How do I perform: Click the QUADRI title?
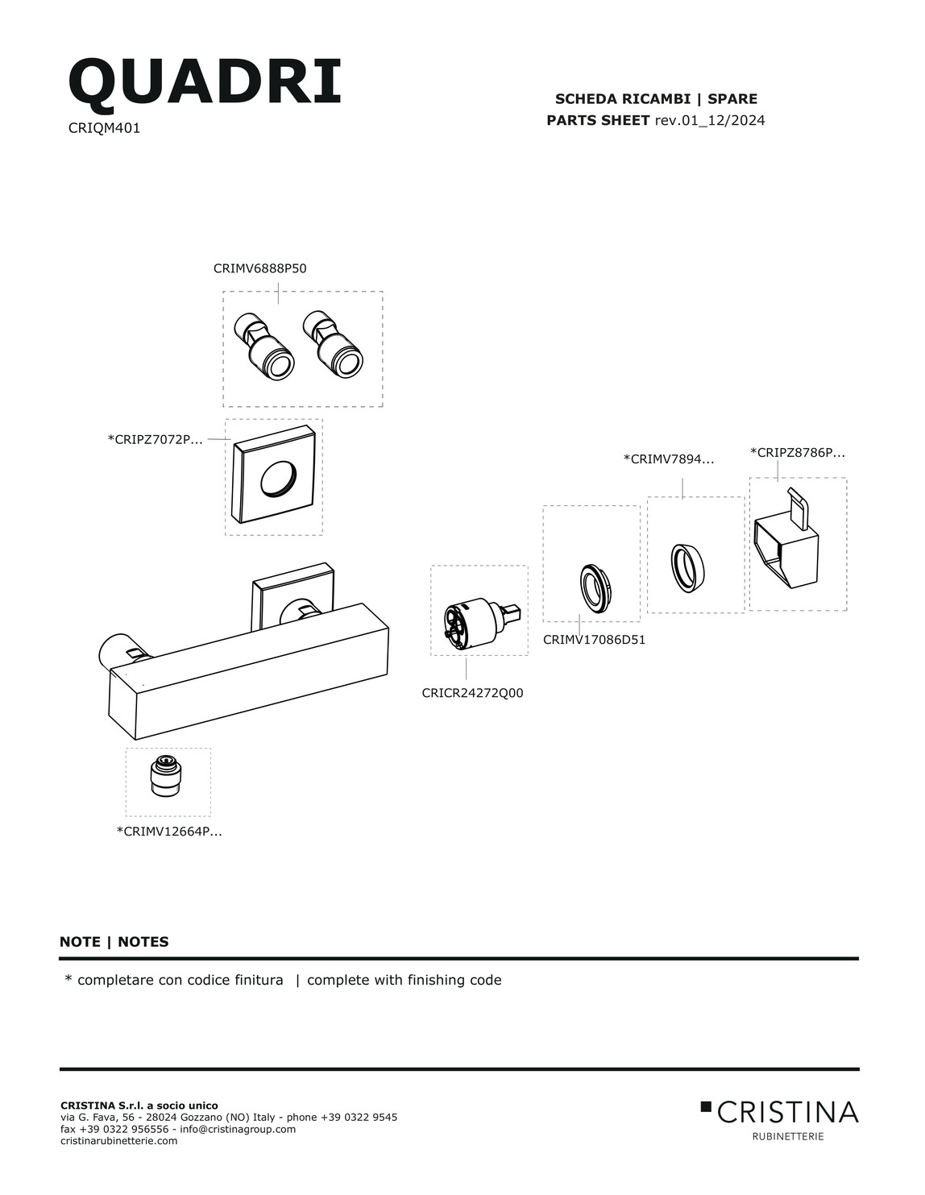click(205, 82)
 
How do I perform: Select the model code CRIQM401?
click(104, 127)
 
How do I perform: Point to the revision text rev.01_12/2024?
click(709, 120)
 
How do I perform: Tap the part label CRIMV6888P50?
click(259, 268)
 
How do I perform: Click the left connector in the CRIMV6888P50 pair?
click(263, 346)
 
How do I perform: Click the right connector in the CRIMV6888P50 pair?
click(333, 344)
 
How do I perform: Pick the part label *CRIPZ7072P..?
click(155, 440)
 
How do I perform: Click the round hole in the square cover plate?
click(278, 477)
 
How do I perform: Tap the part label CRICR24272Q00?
click(472, 693)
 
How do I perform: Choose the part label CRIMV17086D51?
click(594, 640)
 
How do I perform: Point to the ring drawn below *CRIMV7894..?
click(687, 568)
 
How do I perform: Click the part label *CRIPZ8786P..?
click(798, 453)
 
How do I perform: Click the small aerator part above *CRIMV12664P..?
click(166, 775)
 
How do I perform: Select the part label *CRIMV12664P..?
click(169, 832)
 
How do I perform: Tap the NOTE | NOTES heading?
click(114, 942)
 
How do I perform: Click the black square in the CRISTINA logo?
click(705, 1106)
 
